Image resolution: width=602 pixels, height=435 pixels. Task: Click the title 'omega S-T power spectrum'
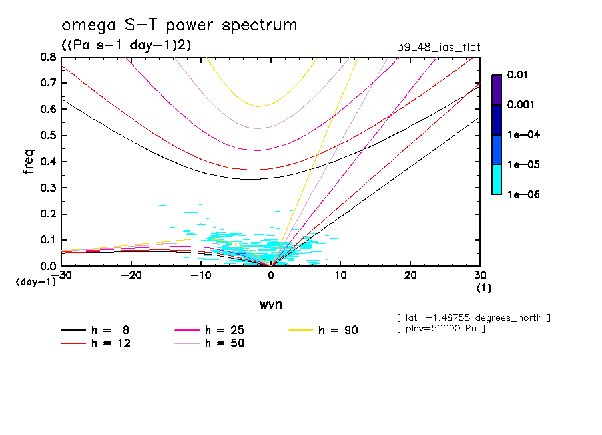point(179,26)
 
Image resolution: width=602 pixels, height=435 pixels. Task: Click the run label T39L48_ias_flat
point(436,47)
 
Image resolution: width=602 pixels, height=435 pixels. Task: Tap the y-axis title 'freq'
point(29,161)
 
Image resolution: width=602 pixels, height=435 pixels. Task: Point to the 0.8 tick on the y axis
point(48,57)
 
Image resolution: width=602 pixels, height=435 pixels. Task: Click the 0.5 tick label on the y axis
point(48,136)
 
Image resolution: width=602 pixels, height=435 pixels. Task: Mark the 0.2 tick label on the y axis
point(48,214)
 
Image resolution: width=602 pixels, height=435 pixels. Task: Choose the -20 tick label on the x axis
point(131,275)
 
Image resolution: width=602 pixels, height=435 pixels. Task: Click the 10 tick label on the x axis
point(340,275)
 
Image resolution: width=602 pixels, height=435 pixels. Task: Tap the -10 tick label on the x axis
point(200,275)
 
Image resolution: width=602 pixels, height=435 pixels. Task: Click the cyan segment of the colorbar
point(497,180)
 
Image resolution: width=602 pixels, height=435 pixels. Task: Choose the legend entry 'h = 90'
point(338,330)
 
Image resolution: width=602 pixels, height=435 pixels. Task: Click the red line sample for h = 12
point(73,343)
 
